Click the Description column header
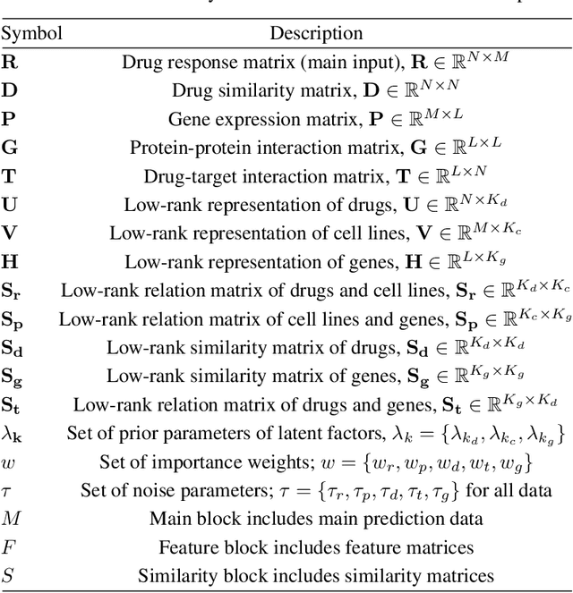tap(317, 34)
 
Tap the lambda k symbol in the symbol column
tap(13, 434)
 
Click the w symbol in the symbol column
tap(8, 462)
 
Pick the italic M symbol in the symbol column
tap(11, 519)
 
